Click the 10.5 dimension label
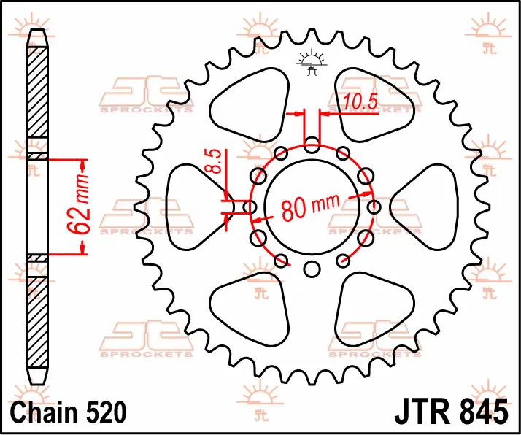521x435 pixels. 360,101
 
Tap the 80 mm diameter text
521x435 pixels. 311,207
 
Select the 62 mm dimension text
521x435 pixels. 78,204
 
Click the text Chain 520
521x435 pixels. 68,412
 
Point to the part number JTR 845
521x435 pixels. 451,412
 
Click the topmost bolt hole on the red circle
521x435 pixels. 312,145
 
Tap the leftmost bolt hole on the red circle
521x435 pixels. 250,207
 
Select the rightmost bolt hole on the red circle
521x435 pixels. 374,207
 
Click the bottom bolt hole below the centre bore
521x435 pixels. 312,269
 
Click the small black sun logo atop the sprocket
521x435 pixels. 312,62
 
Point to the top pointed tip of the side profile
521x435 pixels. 37,30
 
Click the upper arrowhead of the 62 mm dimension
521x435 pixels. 83,163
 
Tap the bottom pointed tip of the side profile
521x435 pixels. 37,385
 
